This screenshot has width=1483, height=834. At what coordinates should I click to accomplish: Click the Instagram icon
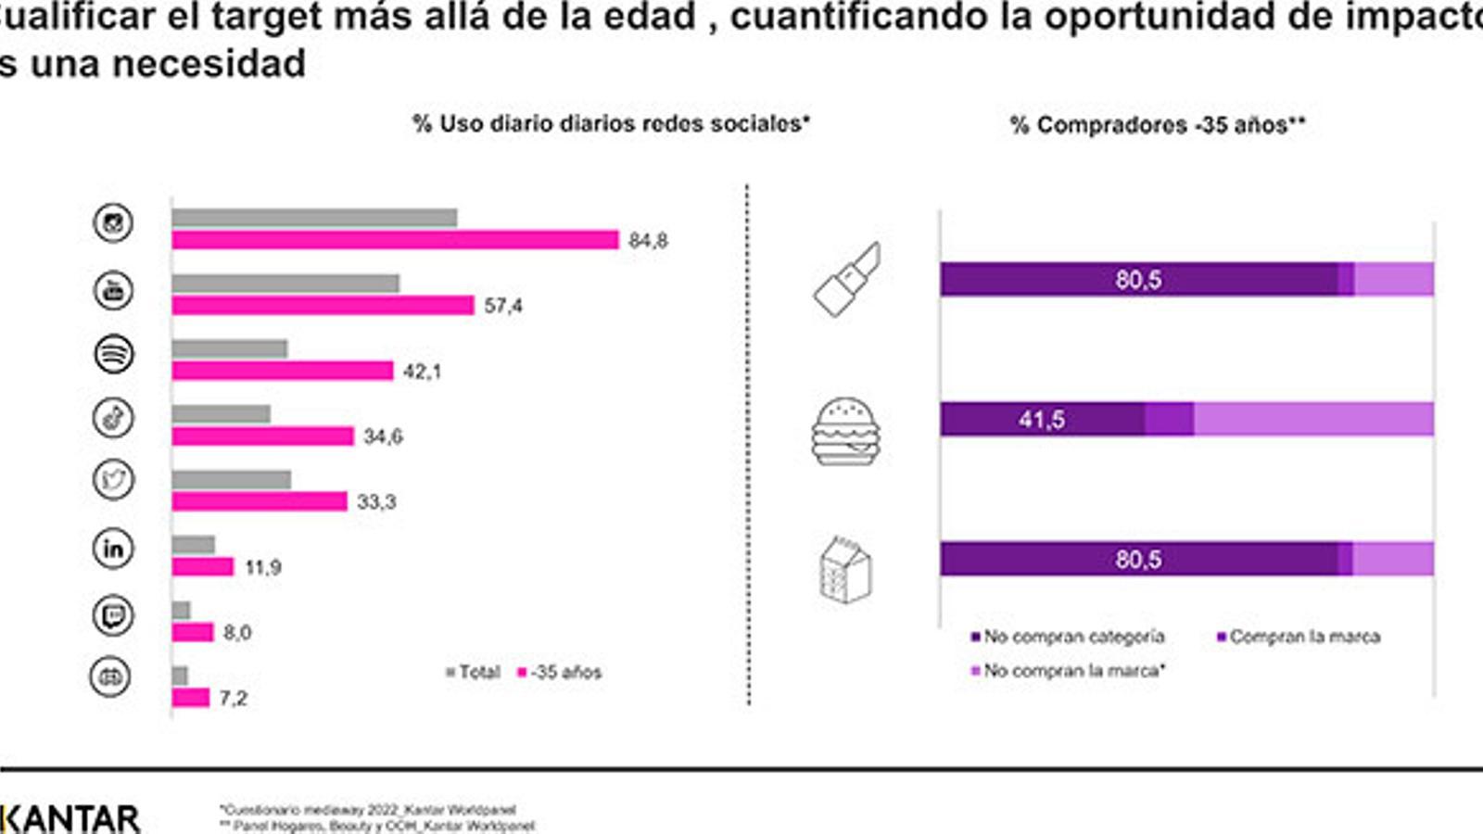coord(113,223)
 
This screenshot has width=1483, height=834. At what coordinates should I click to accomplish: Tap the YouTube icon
coord(114,290)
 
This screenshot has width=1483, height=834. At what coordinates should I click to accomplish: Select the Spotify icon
coord(114,354)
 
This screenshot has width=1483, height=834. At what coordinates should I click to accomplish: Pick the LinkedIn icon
coord(113,549)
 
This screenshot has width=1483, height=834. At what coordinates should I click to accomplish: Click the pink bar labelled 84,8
coord(395,240)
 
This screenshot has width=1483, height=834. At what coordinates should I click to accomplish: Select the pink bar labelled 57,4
coord(323,306)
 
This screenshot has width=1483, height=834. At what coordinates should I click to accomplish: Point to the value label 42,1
coord(423,372)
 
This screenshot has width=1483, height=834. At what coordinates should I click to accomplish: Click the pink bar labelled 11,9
coord(202,566)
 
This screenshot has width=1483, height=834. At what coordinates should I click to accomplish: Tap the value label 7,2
coord(234,698)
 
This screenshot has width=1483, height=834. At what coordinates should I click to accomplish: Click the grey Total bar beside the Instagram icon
coord(314,218)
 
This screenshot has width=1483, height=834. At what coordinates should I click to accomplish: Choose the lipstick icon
coord(847,279)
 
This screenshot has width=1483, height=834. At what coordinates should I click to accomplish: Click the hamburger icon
coord(845,432)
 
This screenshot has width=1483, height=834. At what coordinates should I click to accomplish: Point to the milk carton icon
coord(845,570)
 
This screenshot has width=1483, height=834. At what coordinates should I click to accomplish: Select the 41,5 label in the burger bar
coord(1041,420)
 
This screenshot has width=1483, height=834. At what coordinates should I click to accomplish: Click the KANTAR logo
coord(70,819)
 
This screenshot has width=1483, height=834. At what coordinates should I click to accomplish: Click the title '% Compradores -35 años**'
coord(1157,125)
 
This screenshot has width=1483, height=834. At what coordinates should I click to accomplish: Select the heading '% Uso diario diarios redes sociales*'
coord(611,124)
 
